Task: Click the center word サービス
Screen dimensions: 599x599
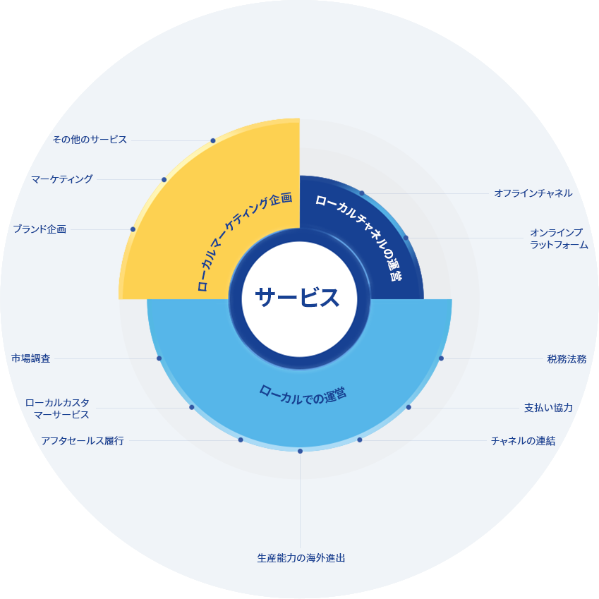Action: [297, 298]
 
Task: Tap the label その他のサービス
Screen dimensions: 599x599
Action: [90, 140]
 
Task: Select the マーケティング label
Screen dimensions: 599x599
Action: [62, 179]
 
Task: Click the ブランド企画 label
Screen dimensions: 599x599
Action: [40, 229]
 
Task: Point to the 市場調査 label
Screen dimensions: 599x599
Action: [31, 358]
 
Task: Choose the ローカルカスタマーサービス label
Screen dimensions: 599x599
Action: [57, 409]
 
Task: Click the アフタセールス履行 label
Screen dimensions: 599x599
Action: [83, 441]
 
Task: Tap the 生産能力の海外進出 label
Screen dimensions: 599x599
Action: [301, 558]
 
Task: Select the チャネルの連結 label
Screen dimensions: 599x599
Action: [523, 441]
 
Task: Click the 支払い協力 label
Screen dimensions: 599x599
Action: [549, 408]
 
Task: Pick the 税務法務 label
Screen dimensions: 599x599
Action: [567, 359]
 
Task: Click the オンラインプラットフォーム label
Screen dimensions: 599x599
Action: [559, 238]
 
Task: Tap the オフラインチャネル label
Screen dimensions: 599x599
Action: [533, 193]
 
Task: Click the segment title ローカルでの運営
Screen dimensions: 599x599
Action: [303, 395]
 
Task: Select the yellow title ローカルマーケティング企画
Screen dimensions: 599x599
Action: [245, 241]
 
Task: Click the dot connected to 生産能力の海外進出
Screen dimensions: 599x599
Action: [301, 451]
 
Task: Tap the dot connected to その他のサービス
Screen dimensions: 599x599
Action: [213, 140]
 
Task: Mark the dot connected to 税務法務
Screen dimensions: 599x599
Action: [441, 358]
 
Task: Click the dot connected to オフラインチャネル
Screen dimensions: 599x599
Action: [362, 193]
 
